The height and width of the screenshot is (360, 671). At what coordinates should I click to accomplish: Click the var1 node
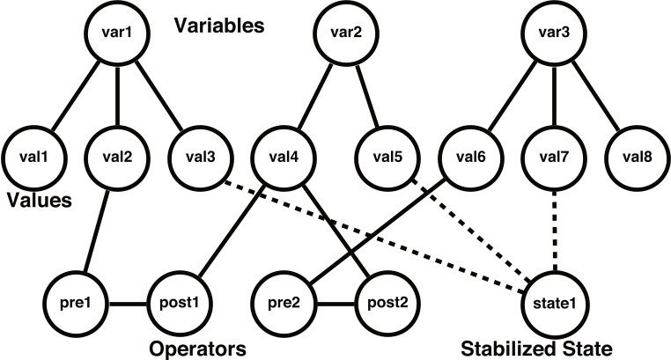118,34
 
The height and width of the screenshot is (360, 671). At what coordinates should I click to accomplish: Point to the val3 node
200,159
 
